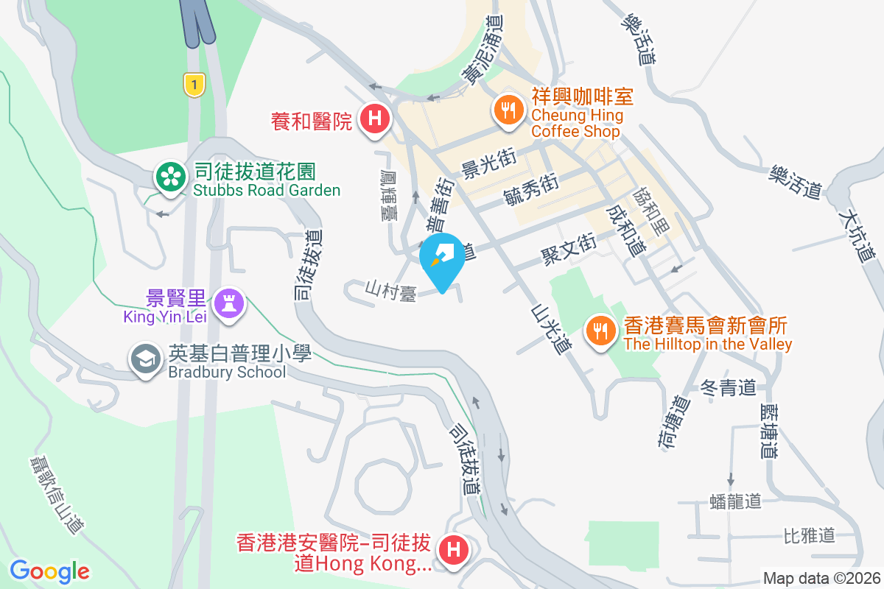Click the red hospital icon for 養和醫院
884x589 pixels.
375,119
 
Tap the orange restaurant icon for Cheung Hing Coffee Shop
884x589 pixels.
508,110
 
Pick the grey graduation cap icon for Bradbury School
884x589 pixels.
145,359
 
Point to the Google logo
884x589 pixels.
49,571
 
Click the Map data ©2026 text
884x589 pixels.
821,579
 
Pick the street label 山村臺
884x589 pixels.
391,289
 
